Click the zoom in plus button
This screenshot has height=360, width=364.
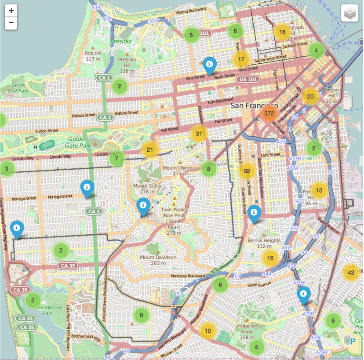[11, 11]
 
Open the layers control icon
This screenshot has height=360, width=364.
[350, 13]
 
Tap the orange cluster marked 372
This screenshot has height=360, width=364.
[269, 113]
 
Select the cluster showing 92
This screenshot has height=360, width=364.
[247, 171]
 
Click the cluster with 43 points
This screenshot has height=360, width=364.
[351, 273]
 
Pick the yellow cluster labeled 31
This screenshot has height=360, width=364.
[199, 134]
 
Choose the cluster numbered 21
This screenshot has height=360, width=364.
[150, 149]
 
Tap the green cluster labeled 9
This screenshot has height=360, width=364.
[141, 315]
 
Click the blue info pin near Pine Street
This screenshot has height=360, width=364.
[210, 65]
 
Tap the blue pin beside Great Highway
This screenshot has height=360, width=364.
[17, 229]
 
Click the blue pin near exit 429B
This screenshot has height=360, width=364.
[303, 294]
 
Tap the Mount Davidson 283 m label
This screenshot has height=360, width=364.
[158, 260]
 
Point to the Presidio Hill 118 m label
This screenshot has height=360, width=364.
[127, 65]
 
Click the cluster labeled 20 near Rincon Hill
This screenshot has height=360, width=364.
[310, 97]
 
